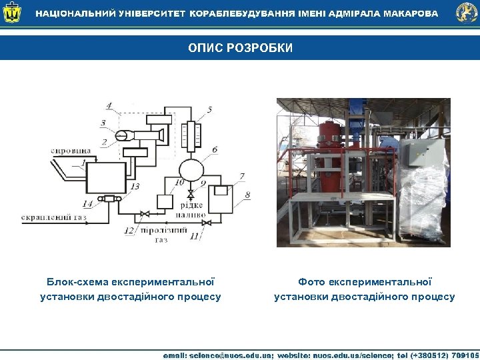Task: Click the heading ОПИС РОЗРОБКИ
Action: (x=240, y=49)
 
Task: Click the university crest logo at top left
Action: (x=12, y=13)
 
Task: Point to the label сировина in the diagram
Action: (x=71, y=151)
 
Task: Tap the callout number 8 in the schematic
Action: (x=247, y=195)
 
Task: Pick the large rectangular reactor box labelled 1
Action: (x=105, y=178)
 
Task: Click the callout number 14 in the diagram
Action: (x=87, y=203)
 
